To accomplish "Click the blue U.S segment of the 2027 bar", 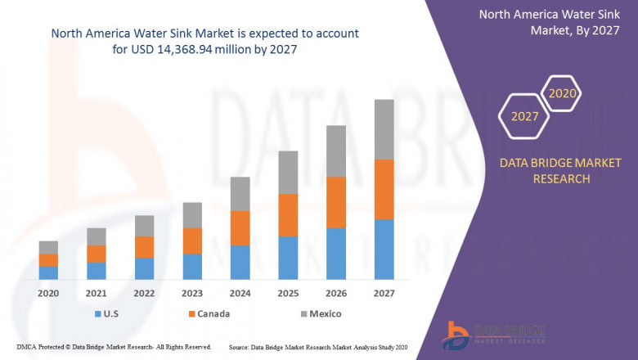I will click(x=384, y=250).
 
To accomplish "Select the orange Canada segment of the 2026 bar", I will click(x=336, y=202).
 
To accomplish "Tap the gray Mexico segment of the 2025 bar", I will click(x=288, y=172).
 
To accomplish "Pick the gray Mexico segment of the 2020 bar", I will click(x=48, y=247).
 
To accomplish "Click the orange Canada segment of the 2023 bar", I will click(x=192, y=241).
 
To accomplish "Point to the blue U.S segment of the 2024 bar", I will click(x=240, y=262).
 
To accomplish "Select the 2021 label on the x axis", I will click(x=97, y=293).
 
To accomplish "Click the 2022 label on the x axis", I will click(x=144, y=293).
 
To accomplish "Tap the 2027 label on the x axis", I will click(x=384, y=293).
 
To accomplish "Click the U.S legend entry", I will click(x=109, y=313).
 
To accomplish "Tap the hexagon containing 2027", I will click(x=525, y=116).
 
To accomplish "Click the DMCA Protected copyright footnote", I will click(x=114, y=347).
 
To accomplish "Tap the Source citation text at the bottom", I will click(x=320, y=347).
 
